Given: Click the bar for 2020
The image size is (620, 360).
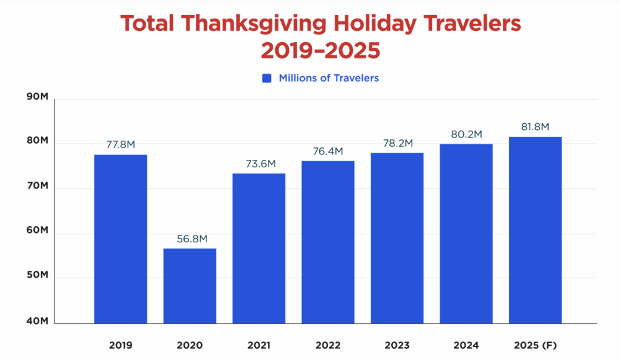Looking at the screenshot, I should click(190, 286).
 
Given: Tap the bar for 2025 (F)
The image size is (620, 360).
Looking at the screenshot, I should click(535, 230).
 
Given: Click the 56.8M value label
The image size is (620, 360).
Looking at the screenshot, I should click(190, 239).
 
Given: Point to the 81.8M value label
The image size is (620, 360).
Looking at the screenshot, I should click(535, 127).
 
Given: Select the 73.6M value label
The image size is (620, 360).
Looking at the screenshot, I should click(259, 164).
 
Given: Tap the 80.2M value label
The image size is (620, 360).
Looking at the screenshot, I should click(466, 134).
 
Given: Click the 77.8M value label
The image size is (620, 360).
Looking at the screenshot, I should click(120, 145).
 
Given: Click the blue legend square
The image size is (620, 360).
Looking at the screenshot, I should click(267, 79).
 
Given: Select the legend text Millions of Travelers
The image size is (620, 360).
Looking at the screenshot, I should click(329, 78).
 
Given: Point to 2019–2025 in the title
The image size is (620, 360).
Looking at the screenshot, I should click(320, 50).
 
